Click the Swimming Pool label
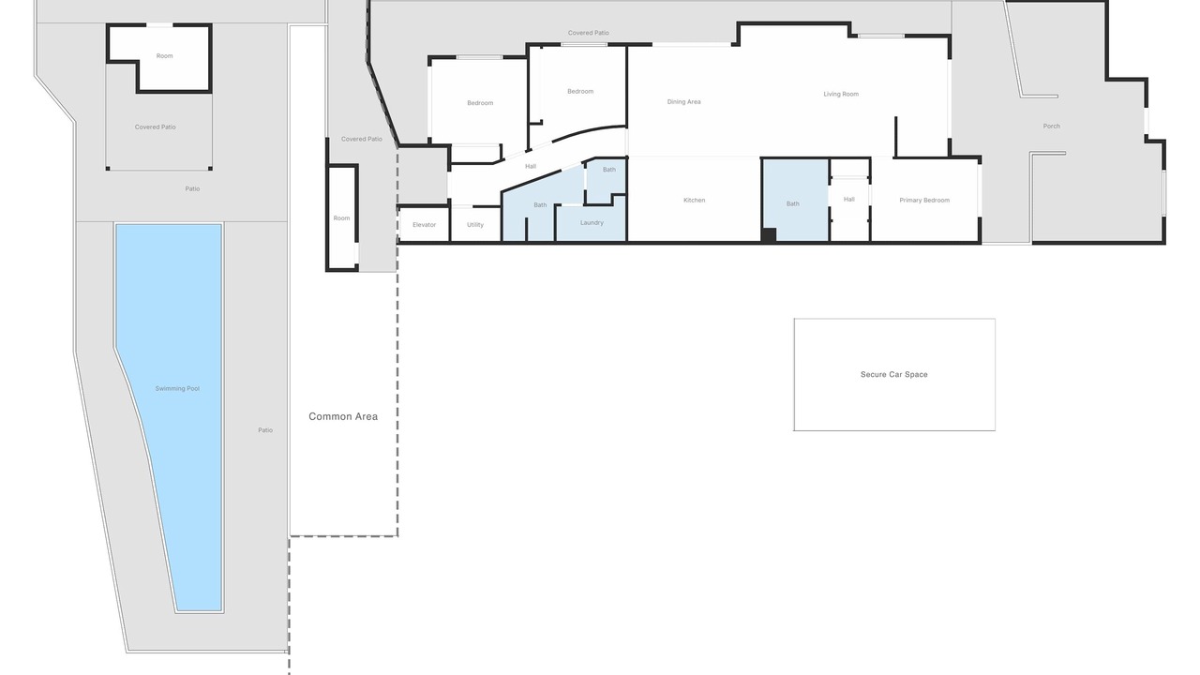click(177, 388)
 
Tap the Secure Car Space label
click(894, 374)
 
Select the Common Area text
click(343, 416)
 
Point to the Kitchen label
click(695, 201)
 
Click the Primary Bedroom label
click(924, 201)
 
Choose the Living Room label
click(841, 95)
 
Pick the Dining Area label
click(684, 102)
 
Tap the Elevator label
click(425, 225)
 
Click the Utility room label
click(475, 225)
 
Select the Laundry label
click(592, 223)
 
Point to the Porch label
click(1052, 127)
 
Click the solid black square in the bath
click(769, 234)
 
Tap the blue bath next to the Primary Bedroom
click(796, 200)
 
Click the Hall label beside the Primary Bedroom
click(849, 200)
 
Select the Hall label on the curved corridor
click(531, 167)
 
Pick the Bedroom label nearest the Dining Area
click(580, 92)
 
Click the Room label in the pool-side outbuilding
click(164, 56)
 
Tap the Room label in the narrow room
click(342, 218)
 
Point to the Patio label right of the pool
click(265, 430)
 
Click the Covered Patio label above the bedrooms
click(589, 33)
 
